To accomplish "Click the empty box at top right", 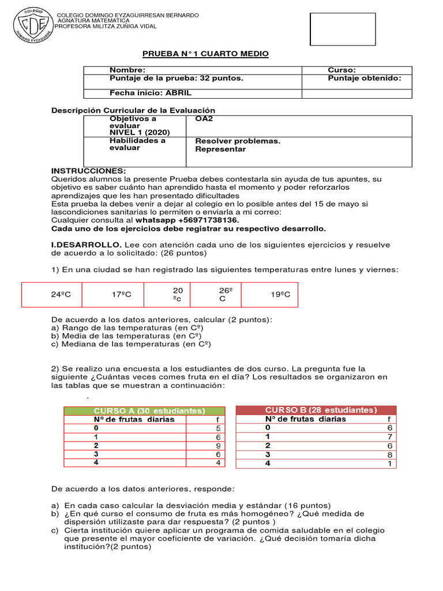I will (x=335, y=29).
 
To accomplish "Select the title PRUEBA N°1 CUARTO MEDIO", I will (x=205, y=54).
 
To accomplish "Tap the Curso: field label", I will (x=342, y=70).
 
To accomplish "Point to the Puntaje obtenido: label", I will (x=365, y=78).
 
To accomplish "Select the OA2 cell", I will (x=205, y=119).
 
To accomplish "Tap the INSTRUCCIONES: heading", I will (x=88, y=171).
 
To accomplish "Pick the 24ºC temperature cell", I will (x=61, y=295).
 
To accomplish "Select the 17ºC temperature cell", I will (x=121, y=295).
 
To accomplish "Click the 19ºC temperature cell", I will (x=280, y=295).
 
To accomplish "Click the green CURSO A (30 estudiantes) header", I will (x=149, y=411).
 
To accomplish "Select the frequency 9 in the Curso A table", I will (x=218, y=446).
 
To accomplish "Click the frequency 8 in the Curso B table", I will (x=389, y=454).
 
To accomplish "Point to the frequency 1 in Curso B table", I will (x=390, y=463).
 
